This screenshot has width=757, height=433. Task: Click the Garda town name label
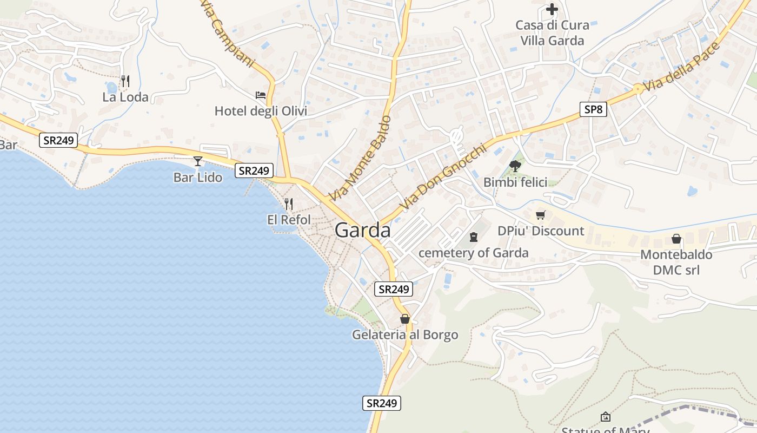click(363, 230)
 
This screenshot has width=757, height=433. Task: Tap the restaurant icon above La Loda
click(125, 81)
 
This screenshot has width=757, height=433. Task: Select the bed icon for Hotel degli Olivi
click(261, 95)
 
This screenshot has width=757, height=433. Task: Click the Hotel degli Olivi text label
click(261, 111)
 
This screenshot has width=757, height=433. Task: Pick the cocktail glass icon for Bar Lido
click(198, 161)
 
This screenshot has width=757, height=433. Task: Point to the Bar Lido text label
click(197, 177)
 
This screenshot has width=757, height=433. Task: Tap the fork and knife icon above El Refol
click(289, 204)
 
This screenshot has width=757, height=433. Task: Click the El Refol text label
click(289, 220)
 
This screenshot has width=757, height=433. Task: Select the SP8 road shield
click(593, 109)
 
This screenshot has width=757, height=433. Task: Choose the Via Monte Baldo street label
click(360, 158)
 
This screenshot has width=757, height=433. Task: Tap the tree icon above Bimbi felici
click(515, 166)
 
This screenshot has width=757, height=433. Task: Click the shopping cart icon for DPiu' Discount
click(540, 215)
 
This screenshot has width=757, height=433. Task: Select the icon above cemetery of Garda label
click(474, 237)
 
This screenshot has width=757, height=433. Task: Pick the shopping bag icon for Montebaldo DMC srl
click(676, 238)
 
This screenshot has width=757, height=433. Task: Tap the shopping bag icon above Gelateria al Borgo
click(404, 319)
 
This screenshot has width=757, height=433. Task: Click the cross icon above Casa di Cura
click(552, 9)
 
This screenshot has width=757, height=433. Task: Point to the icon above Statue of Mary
click(606, 416)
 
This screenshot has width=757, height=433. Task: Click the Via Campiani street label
click(227, 34)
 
